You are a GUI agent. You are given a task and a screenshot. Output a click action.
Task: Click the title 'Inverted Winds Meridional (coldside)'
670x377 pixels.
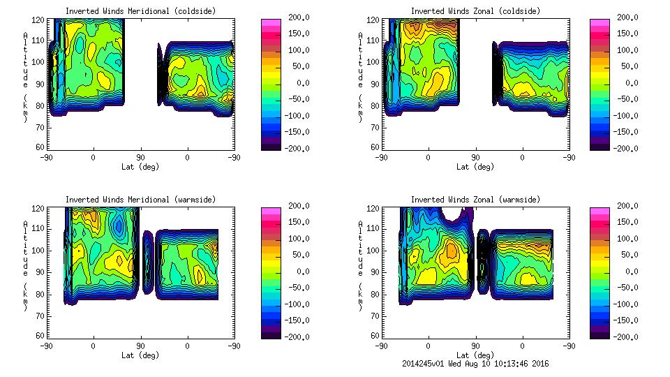tap(140, 11)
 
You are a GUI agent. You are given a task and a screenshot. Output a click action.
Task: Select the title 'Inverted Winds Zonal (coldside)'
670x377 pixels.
tap(475, 11)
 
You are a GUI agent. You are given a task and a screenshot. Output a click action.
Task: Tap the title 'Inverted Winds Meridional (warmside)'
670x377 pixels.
tap(140, 200)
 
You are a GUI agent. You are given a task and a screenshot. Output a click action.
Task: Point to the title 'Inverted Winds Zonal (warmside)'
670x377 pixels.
tap(475, 200)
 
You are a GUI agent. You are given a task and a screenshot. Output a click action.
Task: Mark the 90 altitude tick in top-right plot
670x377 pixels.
tap(375, 84)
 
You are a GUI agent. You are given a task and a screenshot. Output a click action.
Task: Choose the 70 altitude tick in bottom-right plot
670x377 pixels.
tap(375, 316)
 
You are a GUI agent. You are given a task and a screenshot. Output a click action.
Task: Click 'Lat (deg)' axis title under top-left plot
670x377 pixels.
tap(140, 167)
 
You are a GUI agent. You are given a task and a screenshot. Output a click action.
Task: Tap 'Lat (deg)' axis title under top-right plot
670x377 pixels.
tap(475, 167)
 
